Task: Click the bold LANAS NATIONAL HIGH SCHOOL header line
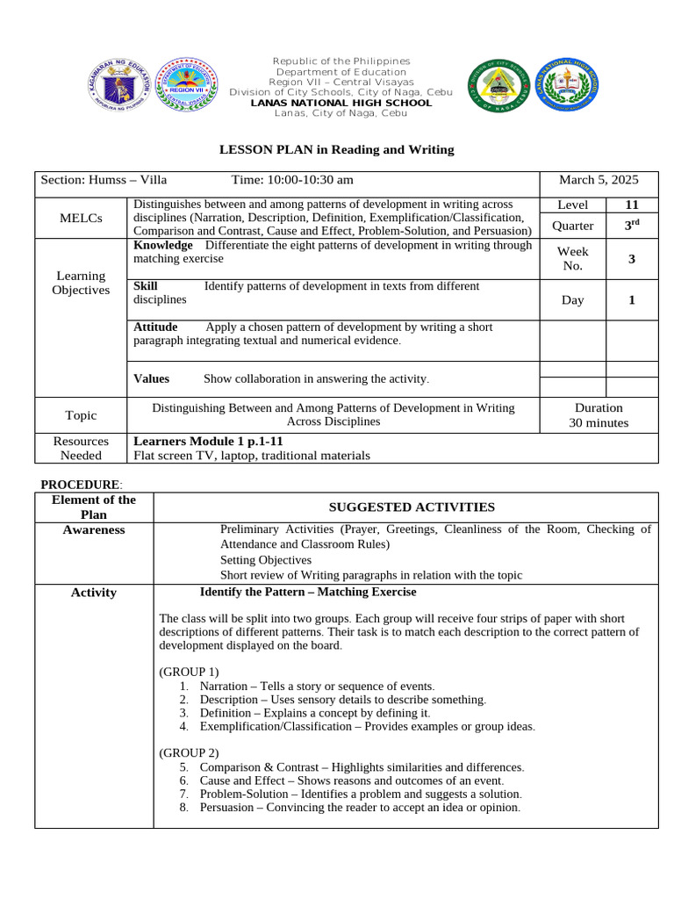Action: tap(341, 103)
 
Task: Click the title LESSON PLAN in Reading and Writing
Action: tap(336, 149)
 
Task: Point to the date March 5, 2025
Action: tap(599, 180)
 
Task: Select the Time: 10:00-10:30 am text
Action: tap(292, 180)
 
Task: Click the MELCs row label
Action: tap(81, 218)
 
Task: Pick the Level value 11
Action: tap(632, 205)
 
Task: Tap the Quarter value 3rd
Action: tap(632, 225)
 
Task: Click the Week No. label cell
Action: tap(572, 258)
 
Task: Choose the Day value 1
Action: tap(632, 300)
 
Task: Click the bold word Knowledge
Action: tap(162, 246)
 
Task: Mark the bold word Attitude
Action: tap(155, 327)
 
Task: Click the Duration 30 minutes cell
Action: tap(599, 415)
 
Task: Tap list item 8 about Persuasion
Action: tap(359, 808)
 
